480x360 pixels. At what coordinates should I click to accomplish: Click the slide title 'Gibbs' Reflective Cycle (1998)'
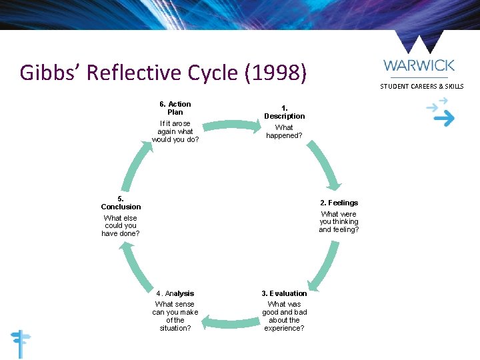pos(163,72)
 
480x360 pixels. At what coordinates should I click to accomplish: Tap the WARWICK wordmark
pos(419,65)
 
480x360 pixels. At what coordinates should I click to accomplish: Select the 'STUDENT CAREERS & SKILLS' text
pos(421,87)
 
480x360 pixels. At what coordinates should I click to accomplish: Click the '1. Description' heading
pos(284,112)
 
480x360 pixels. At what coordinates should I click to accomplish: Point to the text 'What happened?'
pos(284,131)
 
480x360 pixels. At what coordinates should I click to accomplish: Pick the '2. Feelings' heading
pos(339,203)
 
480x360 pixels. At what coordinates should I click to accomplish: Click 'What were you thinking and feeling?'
pos(339,222)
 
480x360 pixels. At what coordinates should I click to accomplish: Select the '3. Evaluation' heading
pos(284,293)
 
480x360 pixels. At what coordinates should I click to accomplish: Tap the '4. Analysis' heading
pos(175,293)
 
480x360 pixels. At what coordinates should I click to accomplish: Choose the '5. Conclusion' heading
pos(121,203)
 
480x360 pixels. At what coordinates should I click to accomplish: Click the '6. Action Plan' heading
pos(175,108)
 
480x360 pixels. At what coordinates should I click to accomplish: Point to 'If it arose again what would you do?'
pos(175,131)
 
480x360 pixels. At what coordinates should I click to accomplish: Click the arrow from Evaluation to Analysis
pos(230,324)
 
